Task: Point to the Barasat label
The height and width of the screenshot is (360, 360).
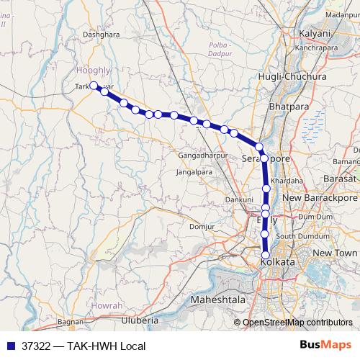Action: pyautogui.click(x=341, y=178)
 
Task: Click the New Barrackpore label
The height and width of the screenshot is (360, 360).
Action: pyautogui.click(x=320, y=197)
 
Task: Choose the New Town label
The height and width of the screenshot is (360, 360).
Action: pyautogui.click(x=335, y=253)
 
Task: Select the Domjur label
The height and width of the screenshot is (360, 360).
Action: pyautogui.click(x=202, y=227)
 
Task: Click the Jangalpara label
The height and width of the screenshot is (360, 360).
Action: pyautogui.click(x=193, y=173)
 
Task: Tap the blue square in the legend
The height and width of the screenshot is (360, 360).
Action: pyautogui.click(x=9, y=346)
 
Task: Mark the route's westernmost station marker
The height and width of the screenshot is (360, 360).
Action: pyautogui.click(x=94, y=86)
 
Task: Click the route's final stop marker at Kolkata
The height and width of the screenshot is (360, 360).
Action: pyautogui.click(x=266, y=255)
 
